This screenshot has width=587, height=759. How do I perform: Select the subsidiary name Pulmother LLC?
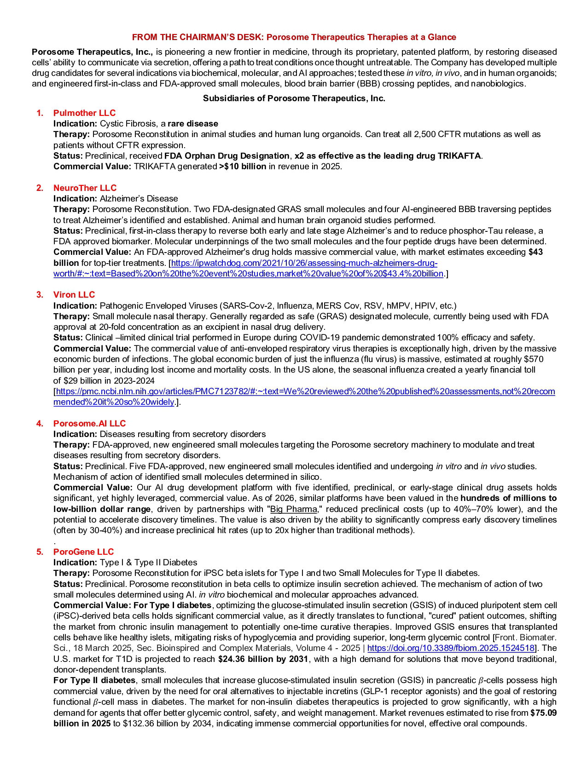coord(84,113)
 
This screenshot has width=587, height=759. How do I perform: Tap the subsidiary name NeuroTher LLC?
coord(85,188)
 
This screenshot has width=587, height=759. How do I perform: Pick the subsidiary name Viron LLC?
coord(74,294)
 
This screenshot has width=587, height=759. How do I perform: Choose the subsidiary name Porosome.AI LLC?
coord(89,423)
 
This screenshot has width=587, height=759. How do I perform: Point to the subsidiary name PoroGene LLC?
coord(83,552)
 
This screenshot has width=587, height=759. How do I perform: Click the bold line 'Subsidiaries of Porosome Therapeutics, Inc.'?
coord(294,98)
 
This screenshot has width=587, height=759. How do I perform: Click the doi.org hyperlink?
coord(451,648)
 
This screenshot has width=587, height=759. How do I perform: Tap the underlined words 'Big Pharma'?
coord(293,509)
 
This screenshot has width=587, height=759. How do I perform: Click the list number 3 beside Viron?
coord(40,294)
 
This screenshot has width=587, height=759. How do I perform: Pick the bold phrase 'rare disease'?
coord(193,123)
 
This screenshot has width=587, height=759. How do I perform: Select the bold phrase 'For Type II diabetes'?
coord(94,680)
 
